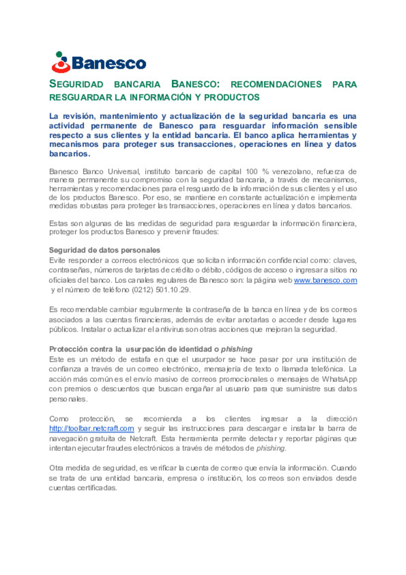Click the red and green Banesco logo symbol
click(61, 62)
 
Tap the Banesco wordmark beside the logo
click(109, 63)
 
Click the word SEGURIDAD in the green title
click(76, 84)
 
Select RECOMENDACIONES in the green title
click(276, 84)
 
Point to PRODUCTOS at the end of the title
click(232, 97)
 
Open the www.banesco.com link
click(325, 280)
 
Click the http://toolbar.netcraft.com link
click(91, 429)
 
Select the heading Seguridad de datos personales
click(105, 250)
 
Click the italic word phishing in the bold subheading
click(236, 349)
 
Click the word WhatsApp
click(339, 379)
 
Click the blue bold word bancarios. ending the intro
click(70, 154)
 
